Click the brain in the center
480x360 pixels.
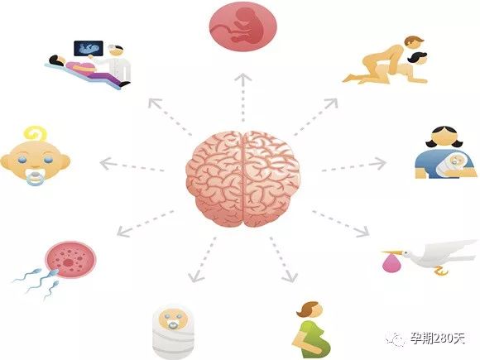tap(242, 179)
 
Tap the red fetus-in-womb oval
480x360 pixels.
tap(243, 26)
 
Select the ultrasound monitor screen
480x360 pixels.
tap(89, 48)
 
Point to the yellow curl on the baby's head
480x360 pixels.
tap(36, 134)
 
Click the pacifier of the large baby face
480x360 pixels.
tap(36, 179)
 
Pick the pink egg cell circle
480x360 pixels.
tap(70, 260)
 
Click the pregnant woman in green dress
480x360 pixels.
tap(310, 330)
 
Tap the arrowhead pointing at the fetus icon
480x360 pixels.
tap(243, 78)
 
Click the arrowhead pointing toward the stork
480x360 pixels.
tap(363, 232)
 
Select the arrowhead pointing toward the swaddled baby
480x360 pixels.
tap(195, 276)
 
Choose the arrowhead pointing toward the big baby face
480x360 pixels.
tap(106, 164)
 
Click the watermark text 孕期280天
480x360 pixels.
tap(438, 338)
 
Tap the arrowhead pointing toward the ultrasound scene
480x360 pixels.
tap(154, 103)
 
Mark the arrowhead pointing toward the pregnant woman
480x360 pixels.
tap(290, 276)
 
